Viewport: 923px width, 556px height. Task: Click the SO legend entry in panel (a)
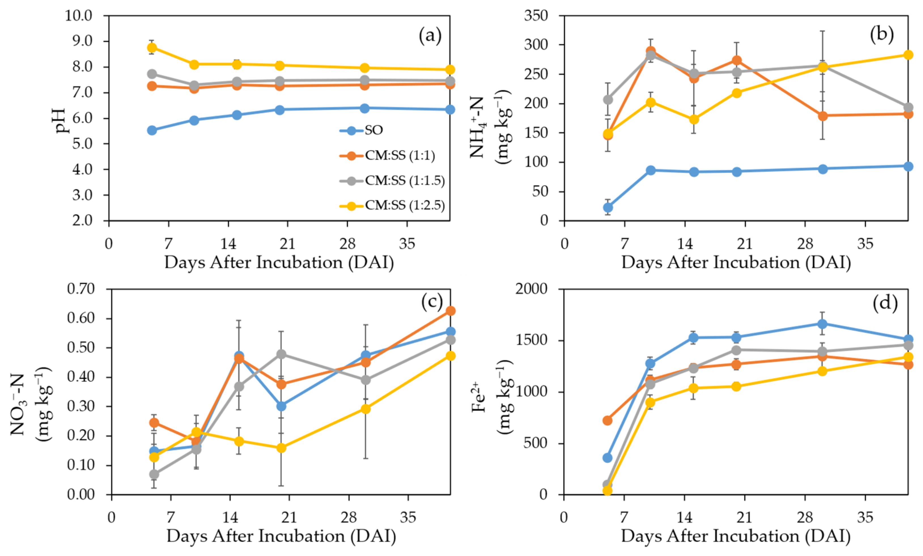click(373, 130)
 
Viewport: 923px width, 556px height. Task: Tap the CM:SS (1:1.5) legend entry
click(404, 181)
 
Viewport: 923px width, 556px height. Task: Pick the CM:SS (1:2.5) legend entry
click(404, 205)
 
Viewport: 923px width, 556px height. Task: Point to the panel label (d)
click(885, 303)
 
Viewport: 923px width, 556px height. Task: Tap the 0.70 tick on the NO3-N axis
click(81, 289)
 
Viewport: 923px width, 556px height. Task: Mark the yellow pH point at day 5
click(152, 48)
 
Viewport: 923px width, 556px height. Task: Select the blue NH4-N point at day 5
click(608, 207)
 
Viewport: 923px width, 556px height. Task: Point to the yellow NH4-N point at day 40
click(908, 55)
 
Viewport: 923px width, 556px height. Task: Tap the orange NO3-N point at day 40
click(451, 311)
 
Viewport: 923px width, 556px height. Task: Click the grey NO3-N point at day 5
click(154, 474)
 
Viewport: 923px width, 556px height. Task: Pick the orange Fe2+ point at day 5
click(608, 420)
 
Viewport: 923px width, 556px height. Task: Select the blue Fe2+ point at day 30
click(822, 323)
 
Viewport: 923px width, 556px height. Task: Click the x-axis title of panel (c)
click(281, 536)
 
